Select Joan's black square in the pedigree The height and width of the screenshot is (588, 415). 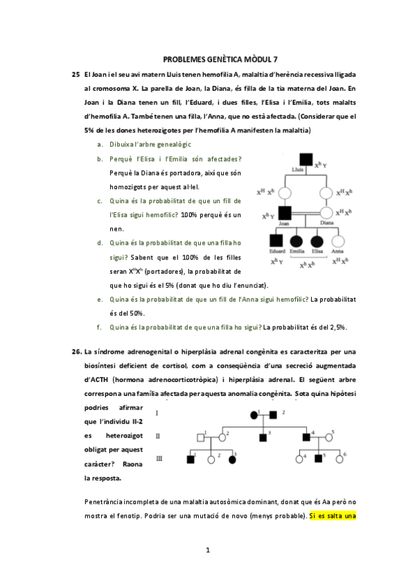pos(283,213)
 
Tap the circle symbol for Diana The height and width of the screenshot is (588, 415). pos(326,213)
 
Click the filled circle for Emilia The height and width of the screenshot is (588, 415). pos(297,243)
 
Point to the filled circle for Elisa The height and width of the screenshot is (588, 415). pos(317,243)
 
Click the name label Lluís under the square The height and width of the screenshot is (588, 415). pos(299,171)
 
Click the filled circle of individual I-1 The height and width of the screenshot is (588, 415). pos(254,415)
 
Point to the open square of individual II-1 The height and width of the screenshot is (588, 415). pos(200,437)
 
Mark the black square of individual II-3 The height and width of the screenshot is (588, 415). pos(263,437)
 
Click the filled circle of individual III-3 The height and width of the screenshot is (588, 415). pos(232,459)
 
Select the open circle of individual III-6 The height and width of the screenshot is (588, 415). pos(339,458)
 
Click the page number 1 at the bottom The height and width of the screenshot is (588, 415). pos(207,550)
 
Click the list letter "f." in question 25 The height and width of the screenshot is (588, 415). pos(100,327)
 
